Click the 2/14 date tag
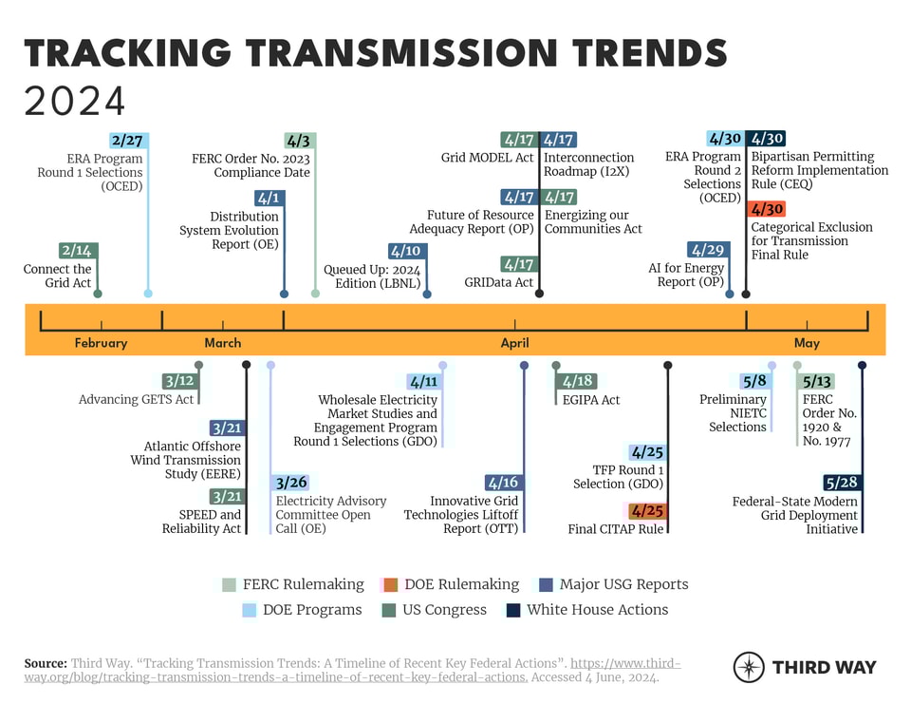coord(78,251)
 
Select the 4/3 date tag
coord(298,141)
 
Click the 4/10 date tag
coord(405,251)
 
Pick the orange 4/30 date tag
coord(766,209)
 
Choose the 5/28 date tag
coord(842,483)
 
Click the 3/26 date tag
coord(289,483)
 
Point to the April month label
coord(515,343)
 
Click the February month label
coord(101,343)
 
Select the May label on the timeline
coord(807,343)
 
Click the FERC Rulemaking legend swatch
coord(230,584)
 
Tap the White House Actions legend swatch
coord(513,610)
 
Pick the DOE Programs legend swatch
coord(250,610)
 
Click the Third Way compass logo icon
coord(749,667)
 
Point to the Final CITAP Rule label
coord(616,529)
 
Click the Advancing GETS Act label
coord(137,400)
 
